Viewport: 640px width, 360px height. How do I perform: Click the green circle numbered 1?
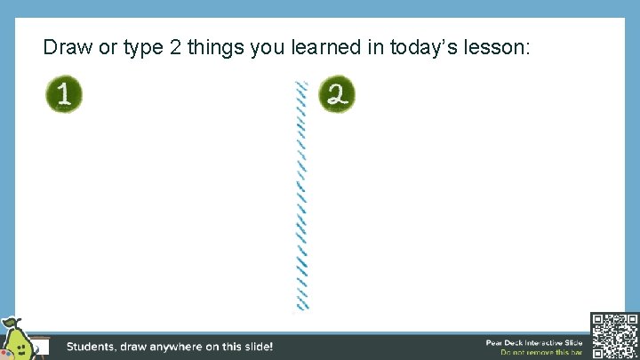click(x=64, y=95)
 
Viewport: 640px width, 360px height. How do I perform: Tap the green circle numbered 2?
click(x=337, y=95)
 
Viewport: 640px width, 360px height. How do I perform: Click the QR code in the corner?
click(x=614, y=335)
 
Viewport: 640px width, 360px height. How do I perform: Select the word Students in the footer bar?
click(x=97, y=347)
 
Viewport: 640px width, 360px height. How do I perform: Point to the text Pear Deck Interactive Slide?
click(x=533, y=342)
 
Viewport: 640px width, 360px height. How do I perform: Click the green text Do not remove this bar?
click(x=541, y=353)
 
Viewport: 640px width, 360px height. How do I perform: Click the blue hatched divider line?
click(x=302, y=196)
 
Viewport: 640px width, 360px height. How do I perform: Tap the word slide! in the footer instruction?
click(x=256, y=347)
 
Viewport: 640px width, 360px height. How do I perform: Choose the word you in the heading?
click(x=266, y=48)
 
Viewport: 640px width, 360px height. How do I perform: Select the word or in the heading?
click(x=107, y=47)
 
